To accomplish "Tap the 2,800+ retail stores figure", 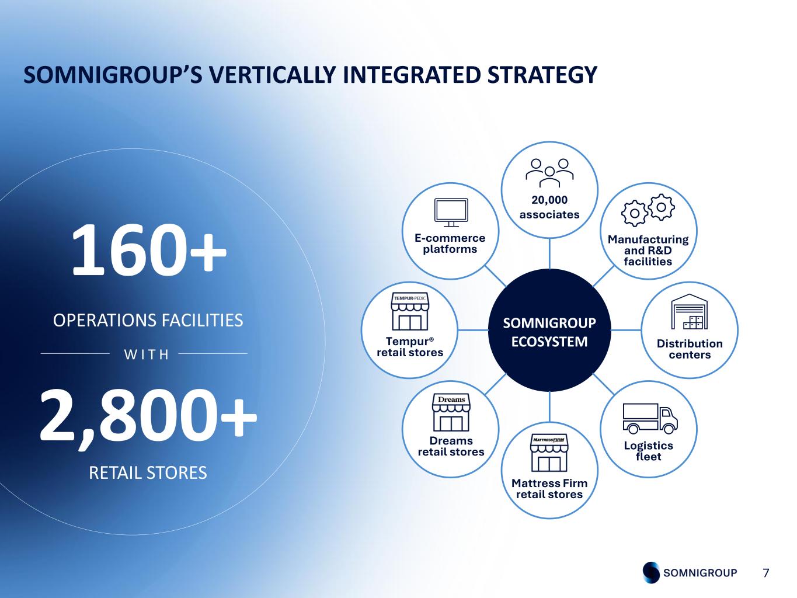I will click(148, 415).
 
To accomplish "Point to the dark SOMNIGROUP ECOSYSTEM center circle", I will click(549, 331).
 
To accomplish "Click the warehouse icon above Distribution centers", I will click(690, 312).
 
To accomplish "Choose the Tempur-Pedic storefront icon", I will click(410, 312).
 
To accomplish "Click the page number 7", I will click(766, 573).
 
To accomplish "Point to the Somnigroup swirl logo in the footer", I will click(651, 573).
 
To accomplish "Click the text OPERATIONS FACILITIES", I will click(148, 321).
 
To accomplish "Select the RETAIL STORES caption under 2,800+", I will click(148, 472).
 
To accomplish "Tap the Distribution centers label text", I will click(690, 349).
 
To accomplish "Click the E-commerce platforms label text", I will click(450, 244).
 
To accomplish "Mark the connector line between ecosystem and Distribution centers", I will click(626, 331).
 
